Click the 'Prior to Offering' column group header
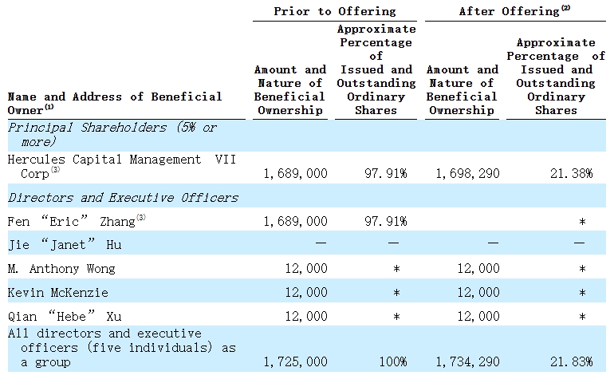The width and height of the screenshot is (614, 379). click(334, 11)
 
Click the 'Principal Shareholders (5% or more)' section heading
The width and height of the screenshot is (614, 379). click(112, 134)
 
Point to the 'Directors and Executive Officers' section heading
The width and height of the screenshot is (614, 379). click(122, 197)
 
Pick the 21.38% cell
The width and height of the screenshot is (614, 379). click(571, 173)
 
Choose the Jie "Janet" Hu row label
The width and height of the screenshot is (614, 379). click(64, 245)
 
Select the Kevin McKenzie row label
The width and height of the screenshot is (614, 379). click(57, 293)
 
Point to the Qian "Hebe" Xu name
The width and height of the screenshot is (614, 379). click(65, 317)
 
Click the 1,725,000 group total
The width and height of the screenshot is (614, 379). click(295, 361)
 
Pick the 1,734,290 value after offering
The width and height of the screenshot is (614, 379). click(468, 361)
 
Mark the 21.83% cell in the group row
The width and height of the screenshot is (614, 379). click(571, 361)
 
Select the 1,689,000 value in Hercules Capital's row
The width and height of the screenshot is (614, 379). click(295, 173)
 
